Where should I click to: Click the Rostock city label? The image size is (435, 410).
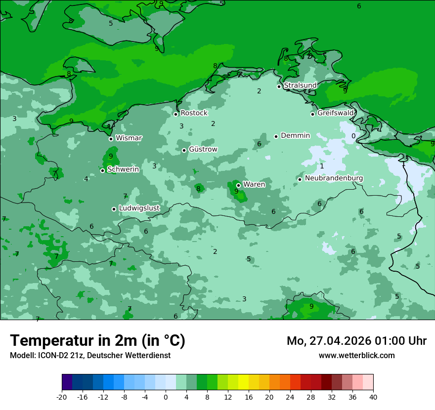(x=194, y=113)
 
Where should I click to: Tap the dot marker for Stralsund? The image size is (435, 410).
(x=279, y=86)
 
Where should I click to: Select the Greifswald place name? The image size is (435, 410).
(x=336, y=113)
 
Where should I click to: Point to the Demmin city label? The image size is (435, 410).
(x=295, y=135)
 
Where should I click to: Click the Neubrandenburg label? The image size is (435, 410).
(x=334, y=178)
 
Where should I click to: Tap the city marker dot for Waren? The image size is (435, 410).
(x=238, y=186)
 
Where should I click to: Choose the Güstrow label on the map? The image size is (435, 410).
(x=203, y=149)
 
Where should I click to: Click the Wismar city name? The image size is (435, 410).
(x=129, y=138)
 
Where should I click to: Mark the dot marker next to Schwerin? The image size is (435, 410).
(x=102, y=170)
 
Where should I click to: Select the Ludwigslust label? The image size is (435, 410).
(x=139, y=208)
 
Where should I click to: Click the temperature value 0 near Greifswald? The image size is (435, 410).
(x=353, y=136)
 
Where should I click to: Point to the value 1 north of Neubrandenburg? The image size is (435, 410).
(x=322, y=166)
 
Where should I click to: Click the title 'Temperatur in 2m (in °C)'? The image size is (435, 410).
(x=97, y=341)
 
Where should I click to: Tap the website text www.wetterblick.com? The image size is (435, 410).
(x=356, y=356)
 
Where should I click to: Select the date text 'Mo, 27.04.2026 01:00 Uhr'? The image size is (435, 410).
(x=356, y=341)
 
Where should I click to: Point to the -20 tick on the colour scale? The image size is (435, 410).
(x=62, y=397)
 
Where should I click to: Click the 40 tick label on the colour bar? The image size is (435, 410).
(x=373, y=397)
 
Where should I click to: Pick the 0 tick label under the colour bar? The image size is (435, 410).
(x=166, y=397)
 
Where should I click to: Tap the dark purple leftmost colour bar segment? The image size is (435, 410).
(x=67, y=382)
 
